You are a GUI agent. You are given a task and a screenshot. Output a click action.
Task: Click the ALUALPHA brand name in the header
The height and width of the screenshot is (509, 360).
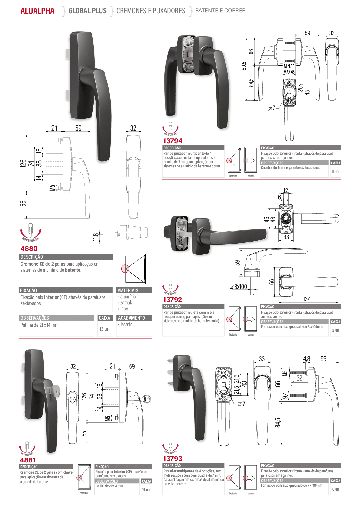(x=37, y=11)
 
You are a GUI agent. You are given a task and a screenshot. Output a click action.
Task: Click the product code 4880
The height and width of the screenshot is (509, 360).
(x=29, y=248)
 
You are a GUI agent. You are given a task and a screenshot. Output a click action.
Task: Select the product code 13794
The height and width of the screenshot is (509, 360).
(x=173, y=141)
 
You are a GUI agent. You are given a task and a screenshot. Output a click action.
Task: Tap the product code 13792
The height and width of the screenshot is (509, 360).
(x=173, y=300)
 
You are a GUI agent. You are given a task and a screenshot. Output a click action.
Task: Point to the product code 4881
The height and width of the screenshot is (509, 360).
(x=28, y=460)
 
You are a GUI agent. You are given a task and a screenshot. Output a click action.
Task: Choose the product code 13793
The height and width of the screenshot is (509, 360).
(x=173, y=459)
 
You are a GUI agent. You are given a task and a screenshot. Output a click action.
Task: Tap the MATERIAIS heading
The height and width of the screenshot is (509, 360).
(x=128, y=290)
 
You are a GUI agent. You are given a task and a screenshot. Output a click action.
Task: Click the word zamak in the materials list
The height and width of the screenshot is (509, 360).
(x=126, y=303)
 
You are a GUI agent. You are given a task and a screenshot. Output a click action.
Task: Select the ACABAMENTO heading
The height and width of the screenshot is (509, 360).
(x=131, y=318)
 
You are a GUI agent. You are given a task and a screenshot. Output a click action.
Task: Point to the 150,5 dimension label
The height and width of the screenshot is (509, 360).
(x=244, y=66)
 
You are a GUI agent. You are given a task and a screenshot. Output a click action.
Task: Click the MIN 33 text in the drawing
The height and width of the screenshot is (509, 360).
(x=289, y=66)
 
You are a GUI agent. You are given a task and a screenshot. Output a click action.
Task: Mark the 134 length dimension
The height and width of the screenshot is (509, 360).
(x=306, y=299)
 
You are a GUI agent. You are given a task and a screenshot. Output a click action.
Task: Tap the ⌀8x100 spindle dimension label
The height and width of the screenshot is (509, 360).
(x=238, y=287)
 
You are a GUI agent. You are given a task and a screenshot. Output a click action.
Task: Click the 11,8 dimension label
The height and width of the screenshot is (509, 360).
(x=96, y=237)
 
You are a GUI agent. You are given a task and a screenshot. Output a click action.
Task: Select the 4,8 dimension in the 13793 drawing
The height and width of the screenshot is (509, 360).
(x=306, y=359)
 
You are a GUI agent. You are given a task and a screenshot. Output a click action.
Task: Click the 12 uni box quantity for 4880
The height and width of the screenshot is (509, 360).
(x=105, y=329)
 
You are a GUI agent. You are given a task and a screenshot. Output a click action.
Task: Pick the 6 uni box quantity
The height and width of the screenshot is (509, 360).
(x=335, y=172)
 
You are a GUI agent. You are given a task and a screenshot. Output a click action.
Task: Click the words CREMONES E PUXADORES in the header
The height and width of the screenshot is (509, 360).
(x=151, y=11)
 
